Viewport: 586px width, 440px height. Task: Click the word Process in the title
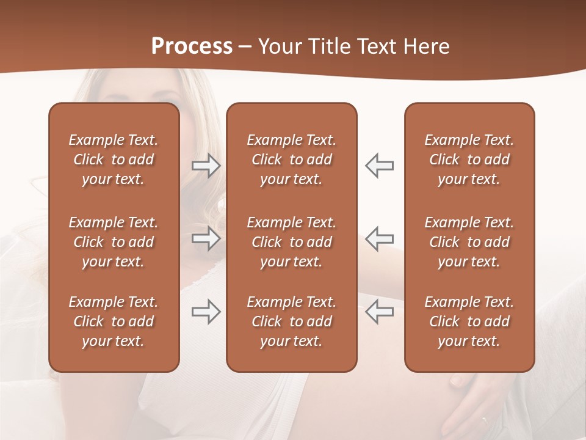[192, 46]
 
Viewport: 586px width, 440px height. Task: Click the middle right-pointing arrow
[206, 238]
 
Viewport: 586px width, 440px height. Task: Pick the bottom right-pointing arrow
[206, 312]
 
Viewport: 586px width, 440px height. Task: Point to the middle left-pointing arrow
[379, 238]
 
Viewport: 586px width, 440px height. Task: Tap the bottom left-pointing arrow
[379, 312]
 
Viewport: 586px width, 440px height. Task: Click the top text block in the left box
[114, 159]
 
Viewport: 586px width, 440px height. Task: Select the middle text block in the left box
[114, 242]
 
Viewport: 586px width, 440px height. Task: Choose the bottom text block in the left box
[114, 321]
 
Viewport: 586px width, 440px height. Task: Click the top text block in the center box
[292, 159]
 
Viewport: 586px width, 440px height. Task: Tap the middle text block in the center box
[292, 242]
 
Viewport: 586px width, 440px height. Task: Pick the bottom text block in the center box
[292, 321]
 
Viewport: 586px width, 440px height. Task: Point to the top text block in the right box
[469, 159]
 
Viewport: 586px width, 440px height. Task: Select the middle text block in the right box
[469, 242]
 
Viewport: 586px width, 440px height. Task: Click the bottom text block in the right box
[469, 321]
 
